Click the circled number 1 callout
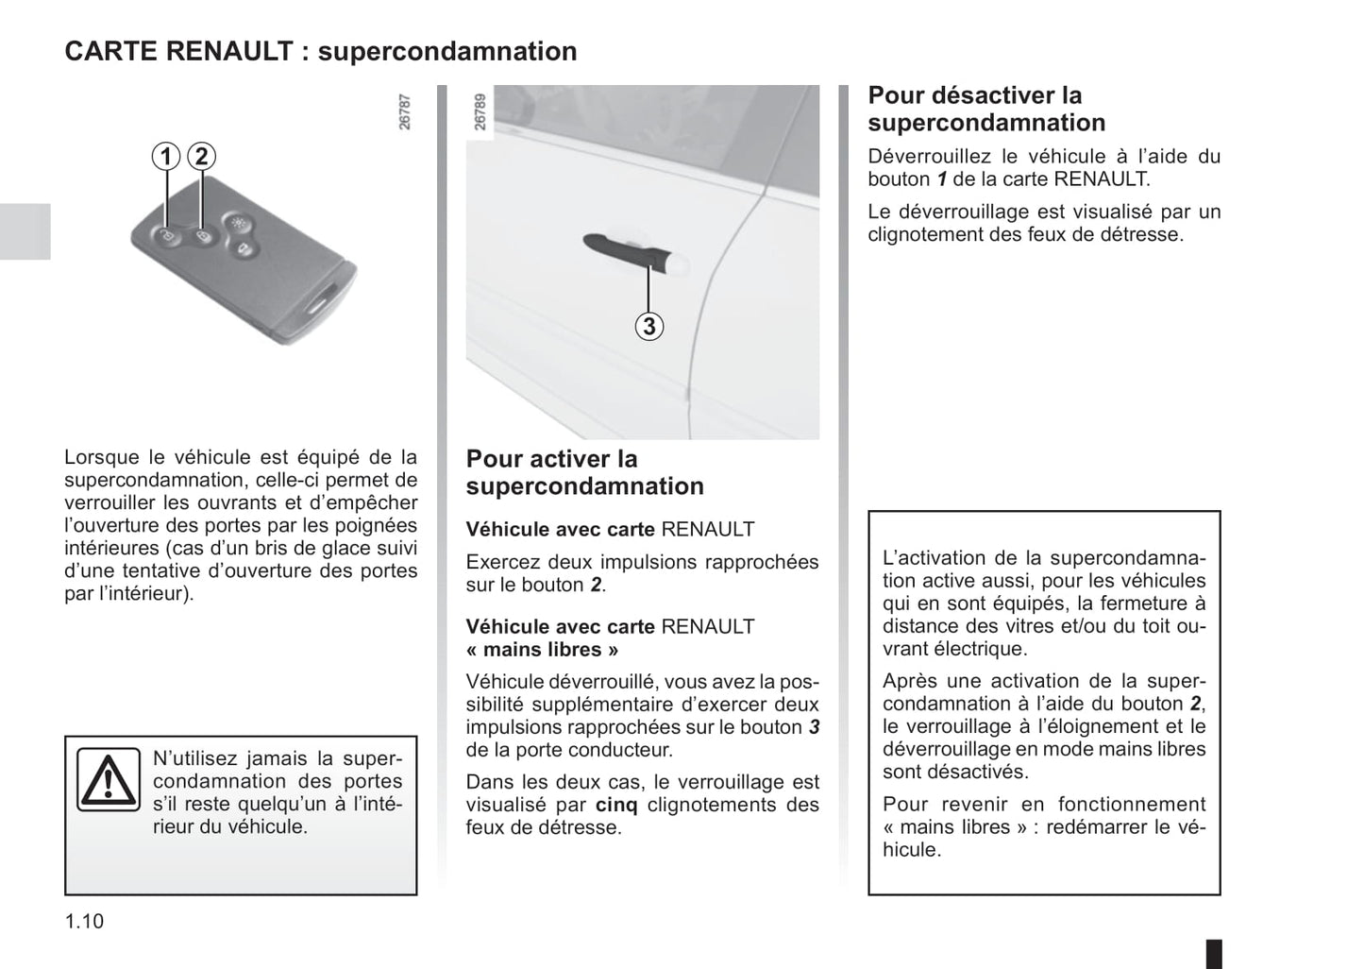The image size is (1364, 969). (x=166, y=156)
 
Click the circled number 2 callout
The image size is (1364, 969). (x=201, y=156)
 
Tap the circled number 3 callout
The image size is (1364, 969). (x=648, y=327)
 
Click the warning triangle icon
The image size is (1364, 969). (x=109, y=780)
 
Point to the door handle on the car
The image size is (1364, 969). (x=628, y=250)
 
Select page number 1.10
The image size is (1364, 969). (x=84, y=921)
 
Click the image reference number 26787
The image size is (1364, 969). (x=405, y=111)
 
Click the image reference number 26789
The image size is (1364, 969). (x=480, y=111)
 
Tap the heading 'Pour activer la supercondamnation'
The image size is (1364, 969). (x=584, y=472)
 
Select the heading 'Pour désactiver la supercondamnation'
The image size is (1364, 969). (x=986, y=109)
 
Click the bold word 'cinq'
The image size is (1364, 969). (x=616, y=805)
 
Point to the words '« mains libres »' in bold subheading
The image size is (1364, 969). (x=542, y=650)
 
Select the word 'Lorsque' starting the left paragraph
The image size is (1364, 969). (x=101, y=457)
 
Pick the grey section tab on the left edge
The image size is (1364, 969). (x=25, y=230)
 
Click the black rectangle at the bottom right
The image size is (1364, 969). (x=1214, y=953)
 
